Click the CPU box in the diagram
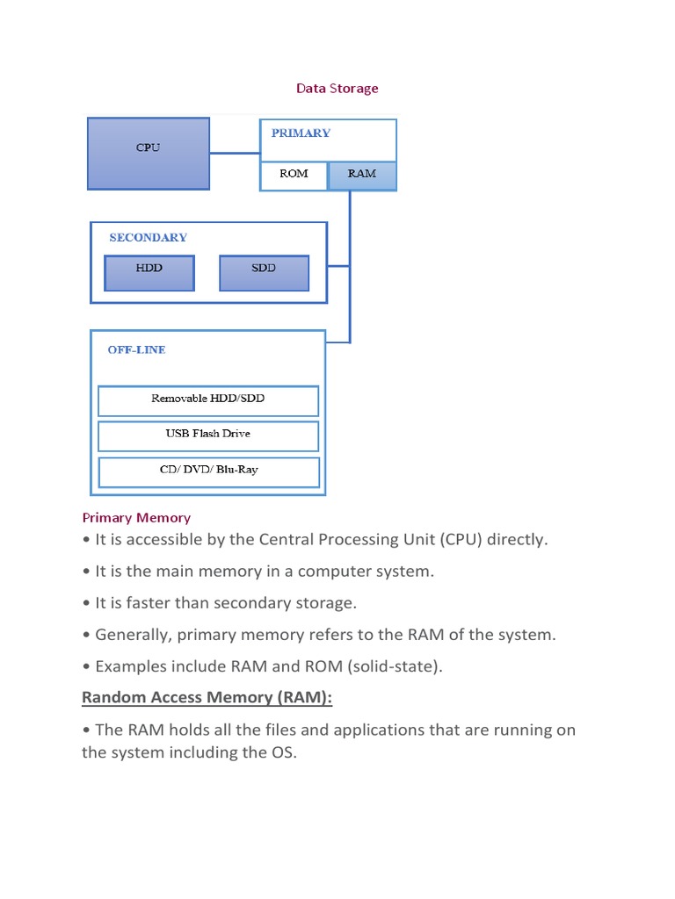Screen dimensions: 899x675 click(148, 153)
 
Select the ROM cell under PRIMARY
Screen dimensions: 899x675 click(294, 175)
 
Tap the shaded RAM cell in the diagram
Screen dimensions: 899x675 click(362, 175)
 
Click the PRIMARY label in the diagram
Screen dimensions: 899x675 click(301, 133)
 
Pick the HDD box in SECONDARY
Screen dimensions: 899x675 click(149, 272)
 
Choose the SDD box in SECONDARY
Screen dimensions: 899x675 click(264, 272)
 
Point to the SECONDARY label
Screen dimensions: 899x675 click(148, 237)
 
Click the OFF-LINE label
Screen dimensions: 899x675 click(136, 349)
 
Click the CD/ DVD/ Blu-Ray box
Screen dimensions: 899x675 click(208, 471)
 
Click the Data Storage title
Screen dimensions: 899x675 click(337, 89)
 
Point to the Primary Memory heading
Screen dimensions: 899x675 click(136, 518)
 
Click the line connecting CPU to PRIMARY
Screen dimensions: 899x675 click(235, 153)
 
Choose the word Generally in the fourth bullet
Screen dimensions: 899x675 click(129, 635)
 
